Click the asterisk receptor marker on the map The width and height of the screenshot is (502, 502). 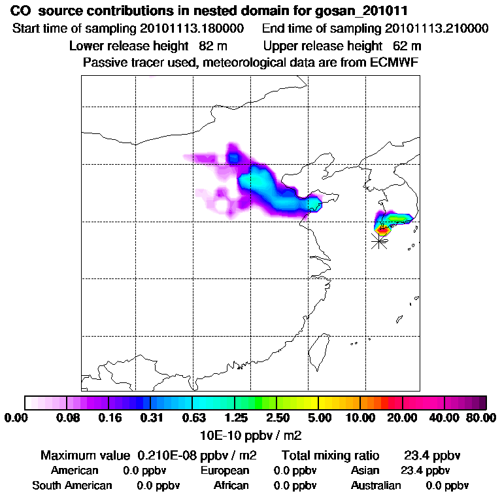(378, 241)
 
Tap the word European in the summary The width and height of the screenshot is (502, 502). (224, 470)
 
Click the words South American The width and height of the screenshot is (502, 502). (72, 486)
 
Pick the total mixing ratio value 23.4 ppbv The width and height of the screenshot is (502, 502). (429, 455)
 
